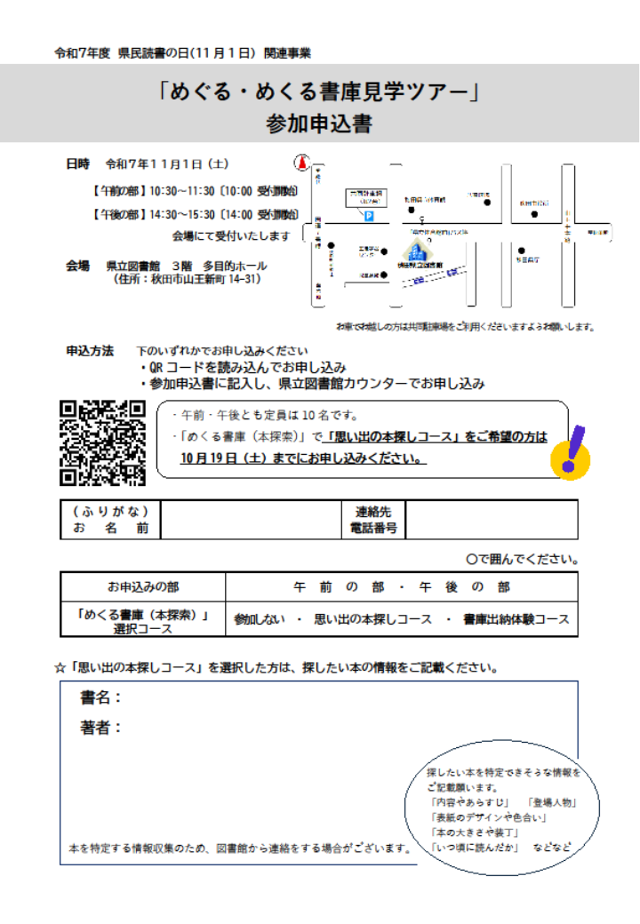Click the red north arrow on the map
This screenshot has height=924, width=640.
coord(302,163)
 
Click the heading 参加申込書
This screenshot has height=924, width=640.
coord(319,124)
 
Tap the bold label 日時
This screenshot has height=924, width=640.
coord(78,164)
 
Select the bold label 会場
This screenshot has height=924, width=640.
coord(78,266)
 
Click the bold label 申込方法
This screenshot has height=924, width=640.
coord(90,351)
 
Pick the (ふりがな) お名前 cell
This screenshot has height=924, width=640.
coord(111,520)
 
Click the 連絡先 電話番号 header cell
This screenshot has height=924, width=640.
coord(373,520)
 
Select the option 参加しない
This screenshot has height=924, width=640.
coord(260,619)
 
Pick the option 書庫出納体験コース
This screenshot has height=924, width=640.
coord(516,619)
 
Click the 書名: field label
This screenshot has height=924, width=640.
coord(101,697)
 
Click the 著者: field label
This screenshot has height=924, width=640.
coord(101,728)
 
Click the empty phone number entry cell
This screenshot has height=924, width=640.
coord(491,520)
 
